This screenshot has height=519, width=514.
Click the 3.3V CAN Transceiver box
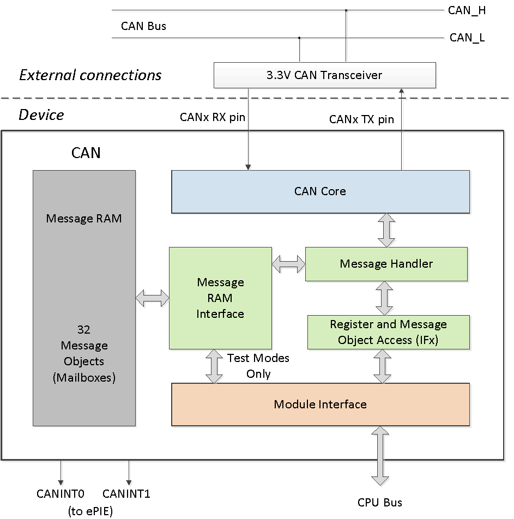coord(324,75)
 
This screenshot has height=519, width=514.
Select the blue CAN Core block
coord(321,191)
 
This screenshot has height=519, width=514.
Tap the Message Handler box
coord(386,264)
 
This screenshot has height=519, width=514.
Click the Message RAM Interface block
coord(220,298)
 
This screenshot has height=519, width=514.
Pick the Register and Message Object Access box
coord(388,332)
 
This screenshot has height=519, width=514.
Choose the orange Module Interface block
coord(321,404)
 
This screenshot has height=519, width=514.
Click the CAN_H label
coord(467,10)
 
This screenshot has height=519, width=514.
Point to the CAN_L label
coord(467,38)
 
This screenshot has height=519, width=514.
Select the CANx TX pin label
coord(361,119)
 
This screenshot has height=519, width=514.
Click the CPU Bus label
coord(380,502)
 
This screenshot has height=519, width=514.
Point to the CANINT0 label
coord(61,494)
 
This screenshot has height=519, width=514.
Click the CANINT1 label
coord(126,494)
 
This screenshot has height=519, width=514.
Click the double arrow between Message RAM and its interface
coord(152,298)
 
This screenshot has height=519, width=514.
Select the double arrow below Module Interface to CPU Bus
coord(380,455)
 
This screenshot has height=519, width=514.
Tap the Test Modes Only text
coord(258,366)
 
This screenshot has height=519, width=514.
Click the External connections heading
coord(90,75)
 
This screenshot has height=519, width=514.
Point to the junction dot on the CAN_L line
coord(299,38)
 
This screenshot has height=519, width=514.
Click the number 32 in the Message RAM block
coord(84,330)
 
